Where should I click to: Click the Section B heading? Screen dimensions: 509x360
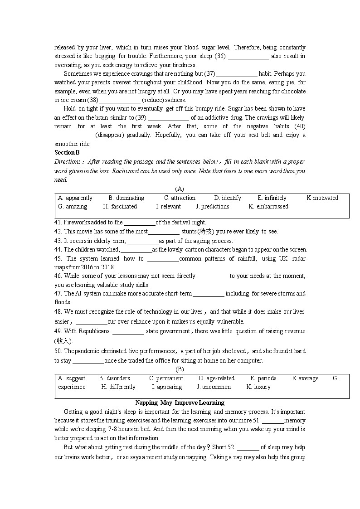pyautogui.click(x=67, y=153)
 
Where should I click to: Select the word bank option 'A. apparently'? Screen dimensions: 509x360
pyautogui.click(x=75, y=198)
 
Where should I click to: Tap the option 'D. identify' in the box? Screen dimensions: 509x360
pyautogui.click(x=228, y=198)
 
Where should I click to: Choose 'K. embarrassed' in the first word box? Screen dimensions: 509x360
pyautogui.click(x=268, y=207)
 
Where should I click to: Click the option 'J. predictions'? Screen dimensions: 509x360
pyautogui.click(x=212, y=207)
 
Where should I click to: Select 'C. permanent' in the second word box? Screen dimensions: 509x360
pyautogui.click(x=166, y=378)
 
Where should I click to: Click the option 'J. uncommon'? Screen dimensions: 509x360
pyautogui.click(x=214, y=387)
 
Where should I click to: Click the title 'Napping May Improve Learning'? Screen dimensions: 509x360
pyautogui.click(x=180, y=403)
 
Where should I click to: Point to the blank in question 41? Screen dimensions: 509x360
pyautogui.click(x=139, y=223)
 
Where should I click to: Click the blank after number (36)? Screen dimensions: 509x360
pyautogui.click(x=248, y=57)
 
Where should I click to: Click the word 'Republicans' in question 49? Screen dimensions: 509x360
pyautogui.click(x=94, y=331)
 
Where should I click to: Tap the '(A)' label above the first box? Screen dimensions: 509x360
pyautogui.click(x=180, y=189)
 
